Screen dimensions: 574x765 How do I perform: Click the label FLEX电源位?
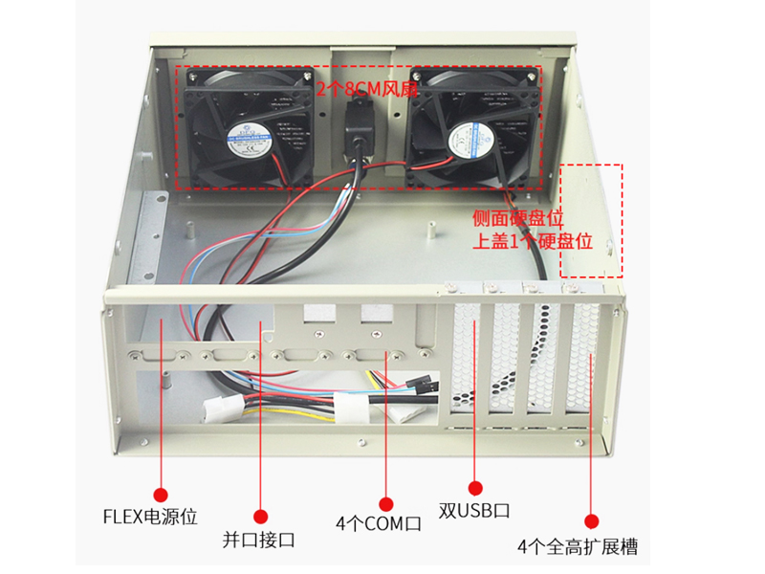coord(150,518)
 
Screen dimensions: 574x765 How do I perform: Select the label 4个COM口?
coord(379,524)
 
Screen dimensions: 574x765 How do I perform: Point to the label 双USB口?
coord(474,511)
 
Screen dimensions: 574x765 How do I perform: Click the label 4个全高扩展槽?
coord(577,547)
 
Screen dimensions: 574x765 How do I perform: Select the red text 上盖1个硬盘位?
coord(533,241)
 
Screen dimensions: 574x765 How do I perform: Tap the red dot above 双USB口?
coord(473,488)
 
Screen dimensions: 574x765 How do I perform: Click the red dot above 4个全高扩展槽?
coord(592,521)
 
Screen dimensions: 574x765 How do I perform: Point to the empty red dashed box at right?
coord(591,220)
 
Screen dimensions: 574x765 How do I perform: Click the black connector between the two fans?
coord(358,124)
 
